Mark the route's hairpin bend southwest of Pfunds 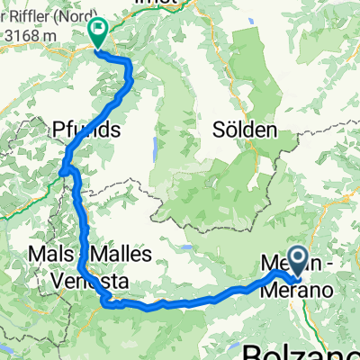pos(65,167)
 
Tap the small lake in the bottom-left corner pos(7,346)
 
